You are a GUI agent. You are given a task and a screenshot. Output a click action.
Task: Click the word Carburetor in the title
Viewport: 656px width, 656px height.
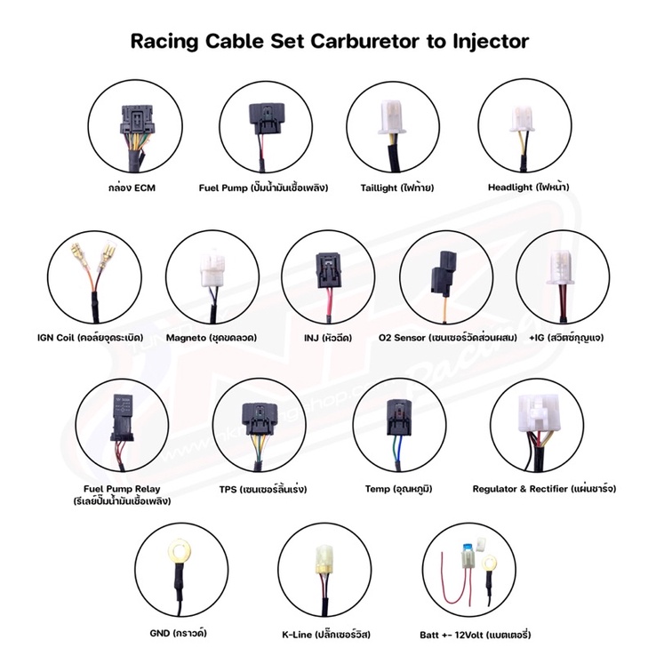tap(364, 41)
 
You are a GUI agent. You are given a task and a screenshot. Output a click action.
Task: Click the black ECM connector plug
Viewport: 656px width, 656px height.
tap(135, 121)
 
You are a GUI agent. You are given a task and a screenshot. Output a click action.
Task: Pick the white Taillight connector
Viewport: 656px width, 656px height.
tap(392, 117)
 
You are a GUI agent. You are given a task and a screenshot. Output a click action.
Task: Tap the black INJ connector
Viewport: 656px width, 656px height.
tap(329, 270)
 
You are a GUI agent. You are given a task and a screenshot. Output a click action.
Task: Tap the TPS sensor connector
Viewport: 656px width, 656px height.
tap(260, 419)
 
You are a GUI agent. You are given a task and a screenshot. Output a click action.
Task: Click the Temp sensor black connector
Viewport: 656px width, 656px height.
tap(399, 417)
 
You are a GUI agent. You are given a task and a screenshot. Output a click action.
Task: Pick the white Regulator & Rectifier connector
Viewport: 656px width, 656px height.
tap(536, 413)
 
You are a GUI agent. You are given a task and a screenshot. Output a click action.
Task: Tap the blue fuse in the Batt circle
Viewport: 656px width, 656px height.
tap(467, 548)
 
